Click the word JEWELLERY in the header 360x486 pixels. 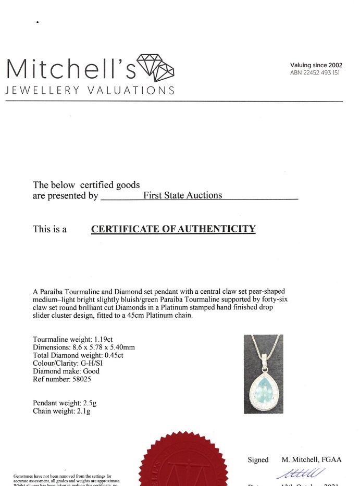(x=42, y=90)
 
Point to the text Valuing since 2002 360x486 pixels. (x=316, y=65)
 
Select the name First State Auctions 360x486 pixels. (x=182, y=195)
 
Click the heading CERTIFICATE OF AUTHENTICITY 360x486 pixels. (x=173, y=229)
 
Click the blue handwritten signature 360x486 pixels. (x=294, y=473)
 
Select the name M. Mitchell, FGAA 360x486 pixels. (x=312, y=460)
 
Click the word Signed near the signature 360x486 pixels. (x=258, y=460)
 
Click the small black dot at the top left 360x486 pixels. (x=38, y=22)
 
